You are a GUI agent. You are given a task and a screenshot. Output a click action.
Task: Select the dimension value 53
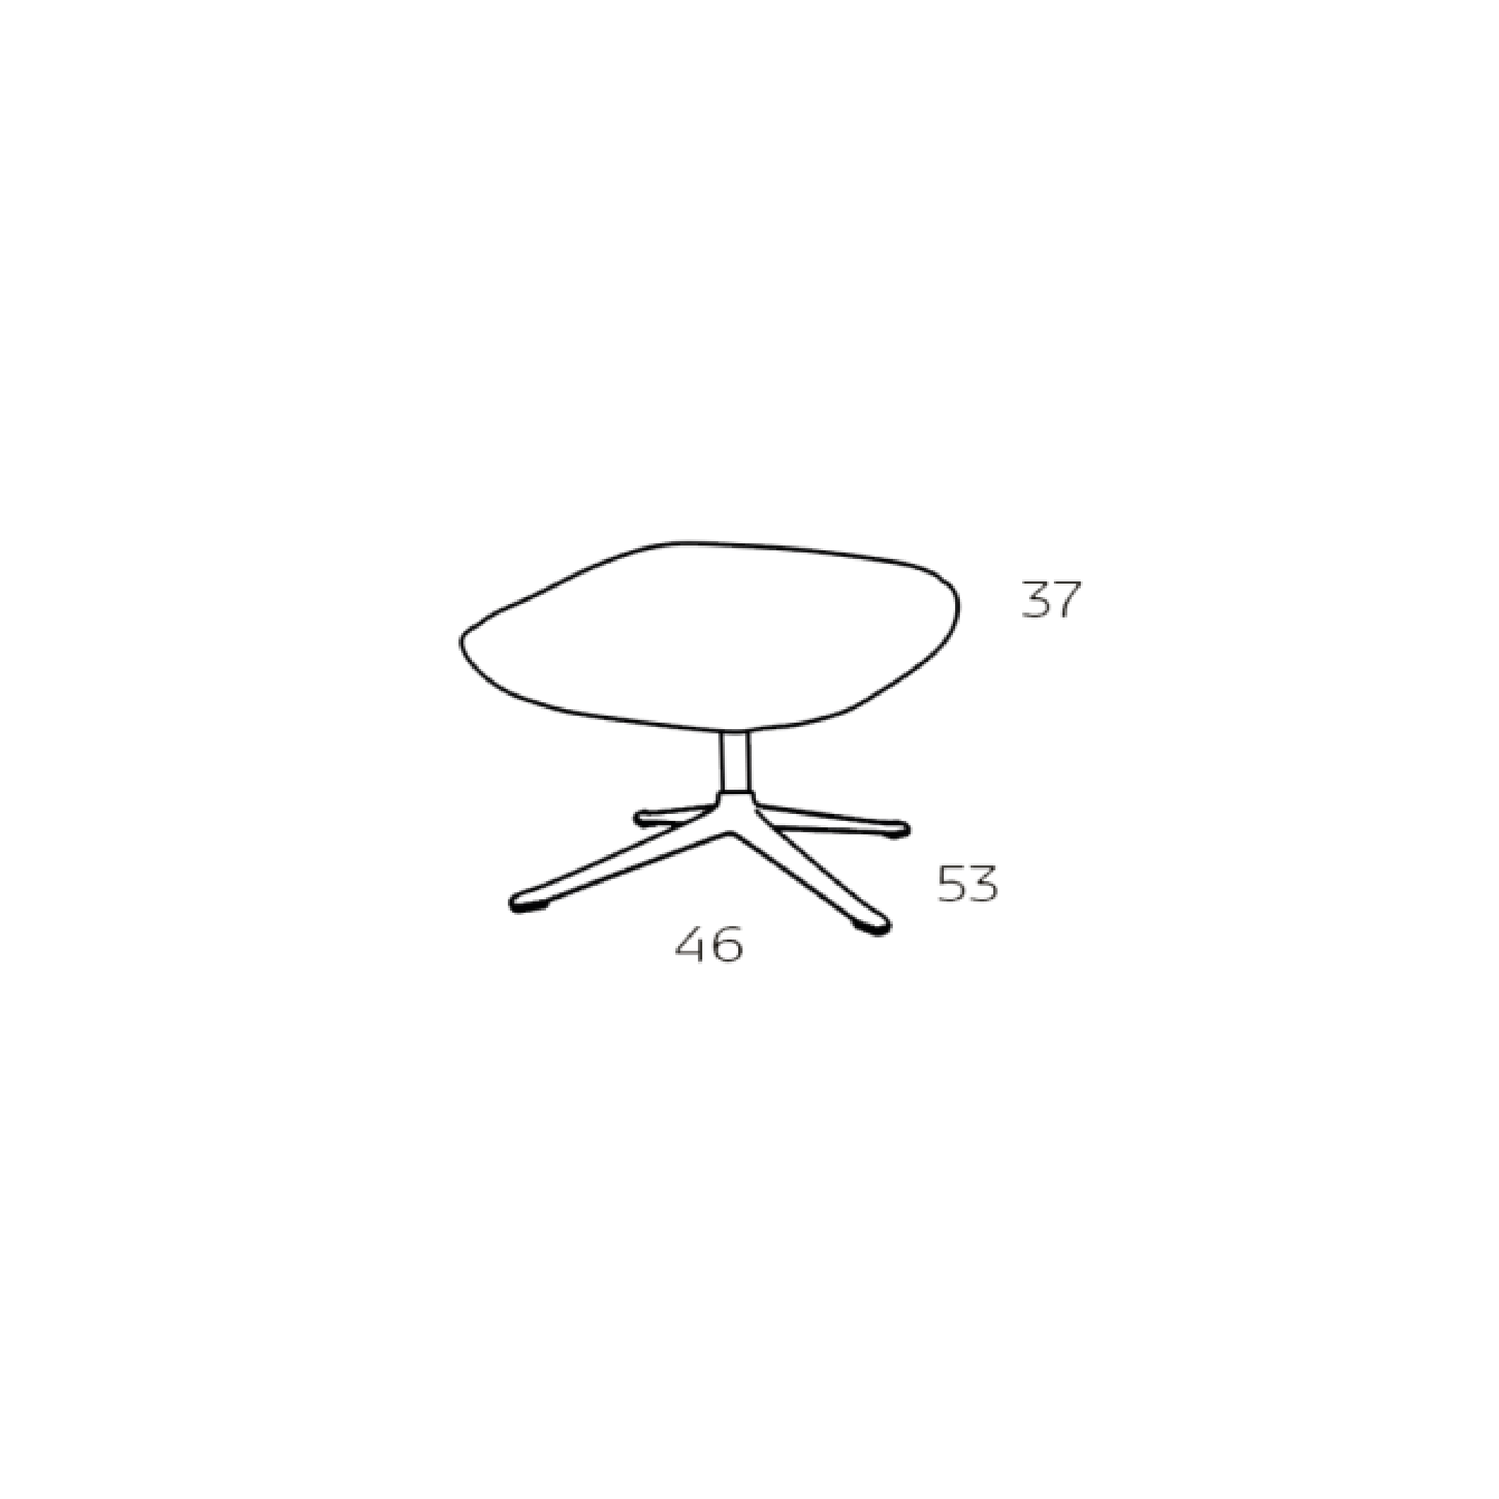967,884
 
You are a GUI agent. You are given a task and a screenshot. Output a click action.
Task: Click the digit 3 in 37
1035,601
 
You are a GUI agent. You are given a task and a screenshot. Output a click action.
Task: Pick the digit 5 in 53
951,884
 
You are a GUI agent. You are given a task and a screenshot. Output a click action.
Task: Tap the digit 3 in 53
983,884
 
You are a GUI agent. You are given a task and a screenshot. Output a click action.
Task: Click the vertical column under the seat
735,761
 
